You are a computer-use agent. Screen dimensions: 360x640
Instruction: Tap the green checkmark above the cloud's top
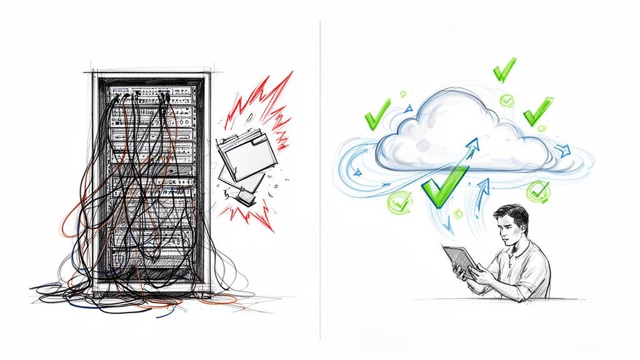(x=503, y=70)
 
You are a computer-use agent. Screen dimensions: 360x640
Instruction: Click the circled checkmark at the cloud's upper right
(x=507, y=100)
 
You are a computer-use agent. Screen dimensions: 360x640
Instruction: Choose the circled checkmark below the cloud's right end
(x=537, y=191)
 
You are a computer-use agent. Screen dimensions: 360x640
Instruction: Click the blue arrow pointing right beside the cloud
(x=564, y=150)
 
